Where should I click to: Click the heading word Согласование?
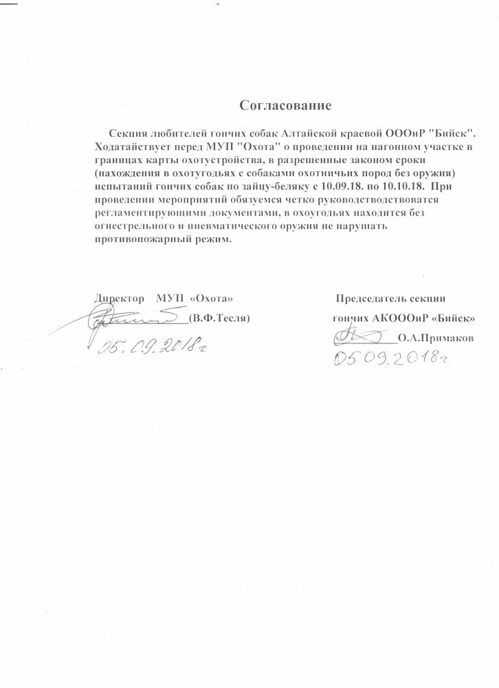[285, 106]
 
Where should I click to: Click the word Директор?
[116, 300]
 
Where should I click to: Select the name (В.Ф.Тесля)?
[218, 319]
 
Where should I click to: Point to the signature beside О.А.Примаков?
[357, 336]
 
